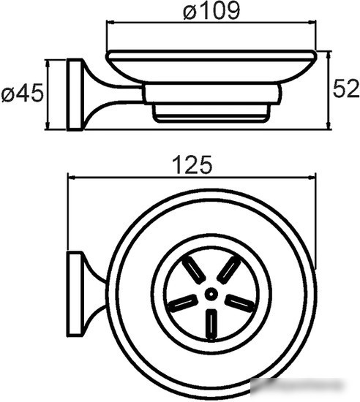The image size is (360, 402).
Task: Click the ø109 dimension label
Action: [x=211, y=11]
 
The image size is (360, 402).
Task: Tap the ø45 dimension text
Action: [x=23, y=93]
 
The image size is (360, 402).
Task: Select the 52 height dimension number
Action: [x=346, y=88]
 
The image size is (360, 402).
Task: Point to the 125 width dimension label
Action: [x=192, y=164]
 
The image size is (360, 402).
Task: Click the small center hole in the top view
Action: [x=211, y=294]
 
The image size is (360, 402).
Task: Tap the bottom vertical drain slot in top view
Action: [x=211, y=325]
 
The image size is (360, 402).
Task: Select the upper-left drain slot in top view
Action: [x=194, y=270]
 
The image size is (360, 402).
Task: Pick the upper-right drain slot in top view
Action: [x=228, y=270]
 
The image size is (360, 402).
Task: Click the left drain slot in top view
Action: [x=183, y=303]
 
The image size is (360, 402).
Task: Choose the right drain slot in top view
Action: [x=240, y=303]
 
